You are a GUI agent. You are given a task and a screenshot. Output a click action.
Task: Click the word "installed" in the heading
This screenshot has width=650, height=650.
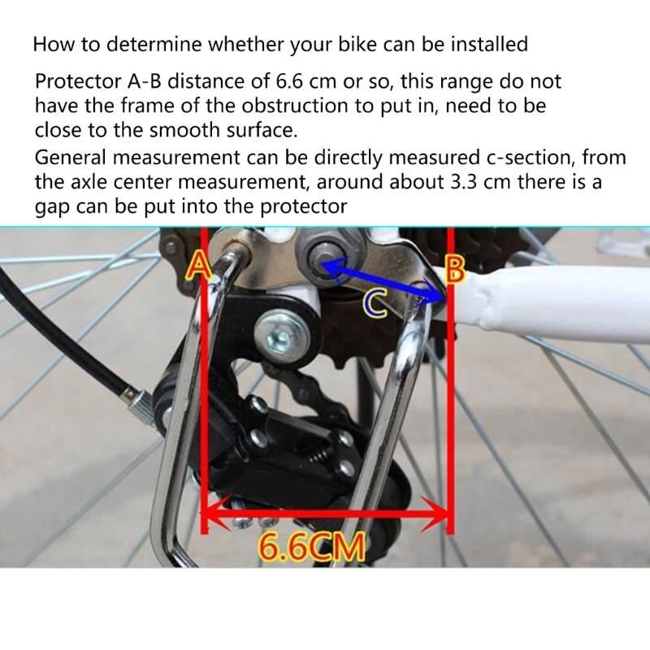[486, 44]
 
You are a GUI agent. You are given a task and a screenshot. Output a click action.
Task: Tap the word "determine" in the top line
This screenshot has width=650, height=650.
[150, 44]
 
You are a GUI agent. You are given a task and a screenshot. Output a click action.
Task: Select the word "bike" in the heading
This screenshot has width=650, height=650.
[324, 44]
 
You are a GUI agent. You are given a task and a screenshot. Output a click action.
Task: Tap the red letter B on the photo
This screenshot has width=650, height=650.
[456, 270]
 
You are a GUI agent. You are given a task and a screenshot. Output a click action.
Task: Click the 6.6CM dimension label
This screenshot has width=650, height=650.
[311, 547]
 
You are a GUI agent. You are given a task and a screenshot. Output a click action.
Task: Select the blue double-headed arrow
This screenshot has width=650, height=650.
[382, 280]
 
